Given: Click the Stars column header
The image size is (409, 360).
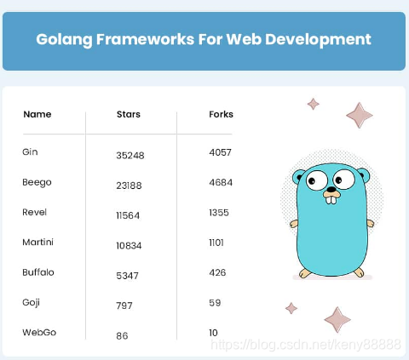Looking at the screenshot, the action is (129, 114).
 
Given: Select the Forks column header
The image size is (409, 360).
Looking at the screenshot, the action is (221, 114).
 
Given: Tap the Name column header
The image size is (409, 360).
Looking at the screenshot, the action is (37, 114).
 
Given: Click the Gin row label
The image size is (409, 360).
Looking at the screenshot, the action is (30, 151).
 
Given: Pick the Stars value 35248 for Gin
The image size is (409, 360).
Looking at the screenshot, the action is (130, 156).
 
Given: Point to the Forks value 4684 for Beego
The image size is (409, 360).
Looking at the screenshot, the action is (221, 182).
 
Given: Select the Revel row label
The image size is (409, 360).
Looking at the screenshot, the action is (34, 212).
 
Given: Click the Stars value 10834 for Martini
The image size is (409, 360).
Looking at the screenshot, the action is (129, 246).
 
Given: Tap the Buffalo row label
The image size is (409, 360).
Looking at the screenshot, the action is (38, 272).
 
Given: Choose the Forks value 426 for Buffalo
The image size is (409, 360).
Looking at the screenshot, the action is (217, 272).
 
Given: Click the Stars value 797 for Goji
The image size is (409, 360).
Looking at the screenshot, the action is (124, 306).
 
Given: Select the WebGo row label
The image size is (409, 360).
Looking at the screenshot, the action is (39, 332).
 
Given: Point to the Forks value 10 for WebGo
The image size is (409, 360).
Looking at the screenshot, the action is (213, 333).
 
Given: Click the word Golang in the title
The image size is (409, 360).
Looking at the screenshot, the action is (64, 39).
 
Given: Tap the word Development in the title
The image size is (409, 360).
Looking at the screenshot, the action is (318, 39).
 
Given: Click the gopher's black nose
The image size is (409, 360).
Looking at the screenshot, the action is (331, 189).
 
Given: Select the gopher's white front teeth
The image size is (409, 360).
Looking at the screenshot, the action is (331, 200).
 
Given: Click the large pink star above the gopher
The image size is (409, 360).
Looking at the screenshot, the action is (360, 115).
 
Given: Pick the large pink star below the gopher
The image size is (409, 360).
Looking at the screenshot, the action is (337, 319).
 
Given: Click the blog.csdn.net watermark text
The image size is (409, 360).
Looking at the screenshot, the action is (306, 345).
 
